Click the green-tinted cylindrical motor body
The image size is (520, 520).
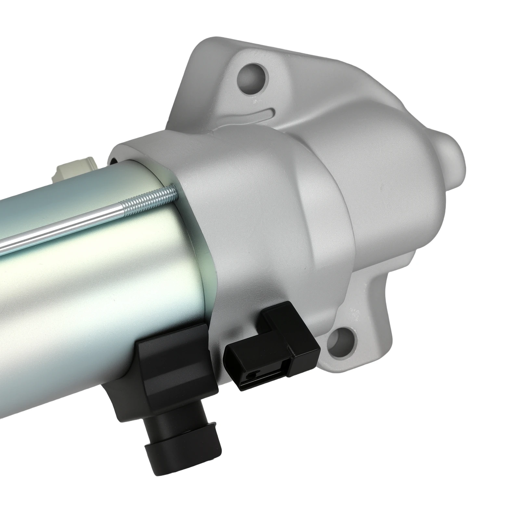click(97, 292)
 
